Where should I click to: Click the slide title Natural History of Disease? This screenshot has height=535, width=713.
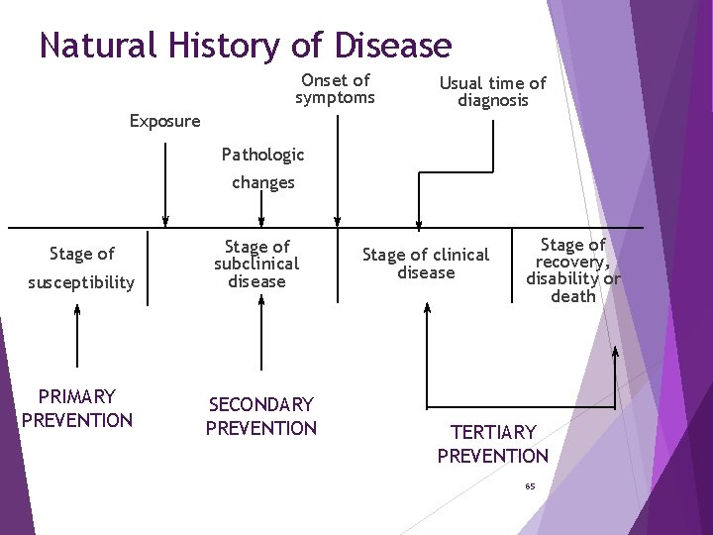[246, 46]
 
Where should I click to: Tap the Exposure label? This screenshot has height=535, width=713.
[164, 121]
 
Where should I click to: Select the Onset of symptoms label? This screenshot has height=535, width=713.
[335, 88]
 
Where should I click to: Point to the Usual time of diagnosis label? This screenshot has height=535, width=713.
[492, 92]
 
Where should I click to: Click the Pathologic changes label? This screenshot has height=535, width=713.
[262, 168]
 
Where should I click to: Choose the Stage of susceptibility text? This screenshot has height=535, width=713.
[81, 267]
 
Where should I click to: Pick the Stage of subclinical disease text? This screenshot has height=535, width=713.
[256, 264]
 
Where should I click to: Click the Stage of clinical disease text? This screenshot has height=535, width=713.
[426, 264]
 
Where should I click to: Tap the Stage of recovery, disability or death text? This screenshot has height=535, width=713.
[573, 270]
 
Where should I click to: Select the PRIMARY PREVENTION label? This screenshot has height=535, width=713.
[77, 408]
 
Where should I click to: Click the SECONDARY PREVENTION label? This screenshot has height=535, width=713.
[261, 416]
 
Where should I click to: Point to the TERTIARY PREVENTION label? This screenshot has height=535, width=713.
[492, 444]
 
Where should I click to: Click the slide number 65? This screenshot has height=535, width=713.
[530, 486]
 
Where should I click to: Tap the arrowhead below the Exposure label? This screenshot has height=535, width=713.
[165, 221]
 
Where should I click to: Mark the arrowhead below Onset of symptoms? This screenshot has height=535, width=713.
[338, 221]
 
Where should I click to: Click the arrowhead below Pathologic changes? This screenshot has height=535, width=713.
[262, 221]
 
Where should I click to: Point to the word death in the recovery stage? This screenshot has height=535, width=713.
[573, 296]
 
